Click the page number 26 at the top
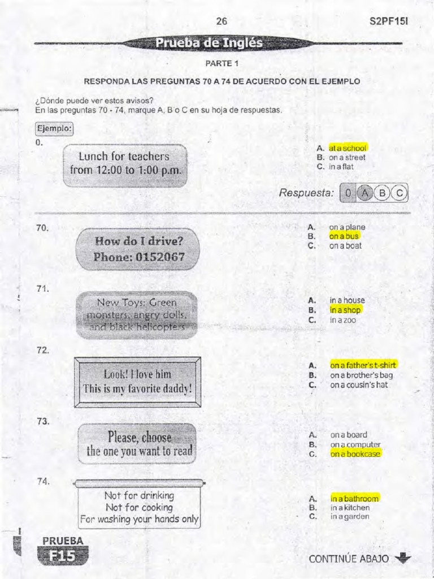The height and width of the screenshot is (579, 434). click(x=222, y=21)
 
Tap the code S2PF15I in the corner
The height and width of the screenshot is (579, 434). click(x=388, y=21)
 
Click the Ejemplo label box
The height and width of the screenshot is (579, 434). click(x=54, y=128)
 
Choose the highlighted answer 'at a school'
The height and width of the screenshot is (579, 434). click(x=348, y=148)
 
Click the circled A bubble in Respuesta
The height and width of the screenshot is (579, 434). click(x=366, y=193)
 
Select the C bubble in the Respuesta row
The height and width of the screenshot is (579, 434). click(x=400, y=193)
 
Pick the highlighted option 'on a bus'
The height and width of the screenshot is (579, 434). click(x=344, y=236)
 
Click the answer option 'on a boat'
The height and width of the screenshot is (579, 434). click(x=345, y=246)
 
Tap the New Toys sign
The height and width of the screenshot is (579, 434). click(x=137, y=315)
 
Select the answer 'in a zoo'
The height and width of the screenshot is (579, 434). click(x=343, y=320)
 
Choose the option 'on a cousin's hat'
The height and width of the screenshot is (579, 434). click(x=359, y=385)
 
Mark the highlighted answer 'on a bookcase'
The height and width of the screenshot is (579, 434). click(x=355, y=454)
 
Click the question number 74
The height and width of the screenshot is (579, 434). click(x=43, y=482)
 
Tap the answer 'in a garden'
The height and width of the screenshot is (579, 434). click(x=350, y=517)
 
